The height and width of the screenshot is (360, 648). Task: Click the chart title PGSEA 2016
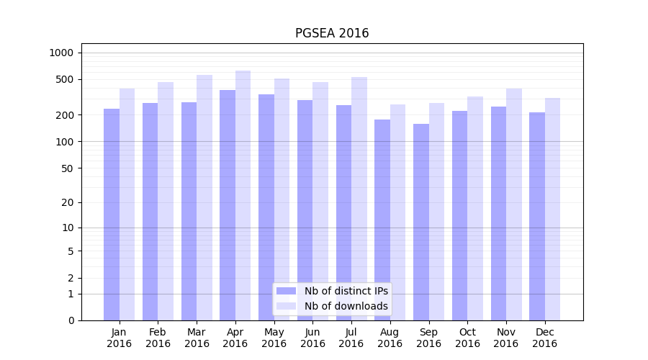(x=332, y=34)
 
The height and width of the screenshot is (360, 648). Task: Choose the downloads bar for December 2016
(x=552, y=209)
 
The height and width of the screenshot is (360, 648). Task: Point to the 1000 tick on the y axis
(x=61, y=53)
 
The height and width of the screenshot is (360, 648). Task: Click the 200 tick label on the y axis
(x=64, y=115)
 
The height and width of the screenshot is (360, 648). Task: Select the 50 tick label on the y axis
(x=66, y=168)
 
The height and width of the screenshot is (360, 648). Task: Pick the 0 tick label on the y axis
(x=71, y=320)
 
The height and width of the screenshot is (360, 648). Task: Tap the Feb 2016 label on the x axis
(x=158, y=338)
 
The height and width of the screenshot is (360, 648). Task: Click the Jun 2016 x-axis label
(x=312, y=338)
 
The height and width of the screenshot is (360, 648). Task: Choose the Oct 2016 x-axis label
(x=467, y=338)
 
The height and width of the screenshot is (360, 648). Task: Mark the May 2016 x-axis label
(x=274, y=338)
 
